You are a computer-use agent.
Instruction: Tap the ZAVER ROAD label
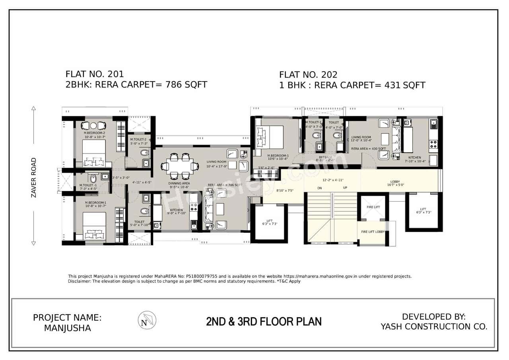pos(33,177)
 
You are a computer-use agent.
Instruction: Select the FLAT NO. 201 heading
pos(95,74)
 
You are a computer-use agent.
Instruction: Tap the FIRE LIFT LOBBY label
pos(373,232)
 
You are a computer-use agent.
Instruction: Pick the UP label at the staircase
pos(345,188)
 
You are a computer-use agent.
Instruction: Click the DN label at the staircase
pos(319,188)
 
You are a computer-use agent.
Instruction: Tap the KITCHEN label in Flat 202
pos(414,158)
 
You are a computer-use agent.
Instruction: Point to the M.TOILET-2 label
pos(138,139)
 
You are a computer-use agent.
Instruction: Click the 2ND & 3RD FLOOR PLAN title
pos(264,321)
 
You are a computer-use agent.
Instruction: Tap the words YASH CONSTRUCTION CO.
pos(434,327)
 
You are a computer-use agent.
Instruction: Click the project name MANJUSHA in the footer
pos(67,328)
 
